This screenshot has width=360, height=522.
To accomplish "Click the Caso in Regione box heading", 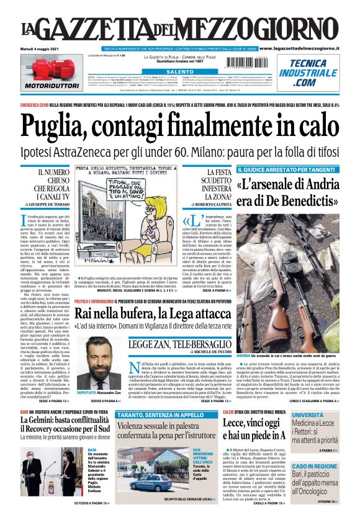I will [315, 466].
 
